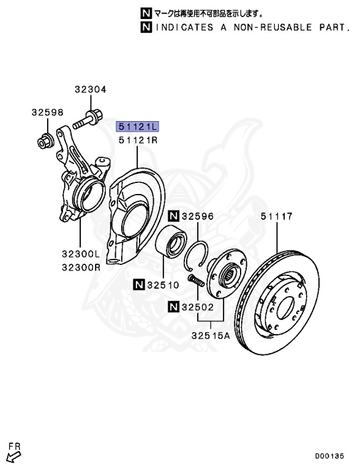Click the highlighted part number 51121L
pos(137,127)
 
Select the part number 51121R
pos(138,140)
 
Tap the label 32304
pos(91,89)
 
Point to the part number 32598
pos(48,113)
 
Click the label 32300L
pos(80,254)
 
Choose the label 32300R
pos(81,267)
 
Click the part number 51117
pos(276,216)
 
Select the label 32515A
pos(211,335)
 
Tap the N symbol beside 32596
pos(174,216)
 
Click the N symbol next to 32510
pos(138,284)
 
